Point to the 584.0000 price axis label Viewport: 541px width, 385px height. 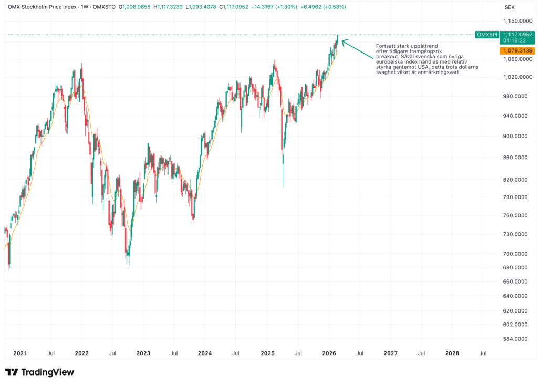click(515, 339)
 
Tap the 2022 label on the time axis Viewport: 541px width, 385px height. click(81, 353)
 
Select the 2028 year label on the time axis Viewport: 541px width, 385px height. click(452, 353)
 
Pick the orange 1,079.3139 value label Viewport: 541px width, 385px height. click(517, 50)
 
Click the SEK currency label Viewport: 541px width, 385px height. click(509, 7)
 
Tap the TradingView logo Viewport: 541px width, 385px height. click(40, 372)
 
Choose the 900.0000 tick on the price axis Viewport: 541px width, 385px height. click(515, 136)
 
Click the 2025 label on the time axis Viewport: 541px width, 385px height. click(267, 353)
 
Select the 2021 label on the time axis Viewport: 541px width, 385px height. click(20, 353)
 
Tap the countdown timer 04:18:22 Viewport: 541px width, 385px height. click(513, 40)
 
